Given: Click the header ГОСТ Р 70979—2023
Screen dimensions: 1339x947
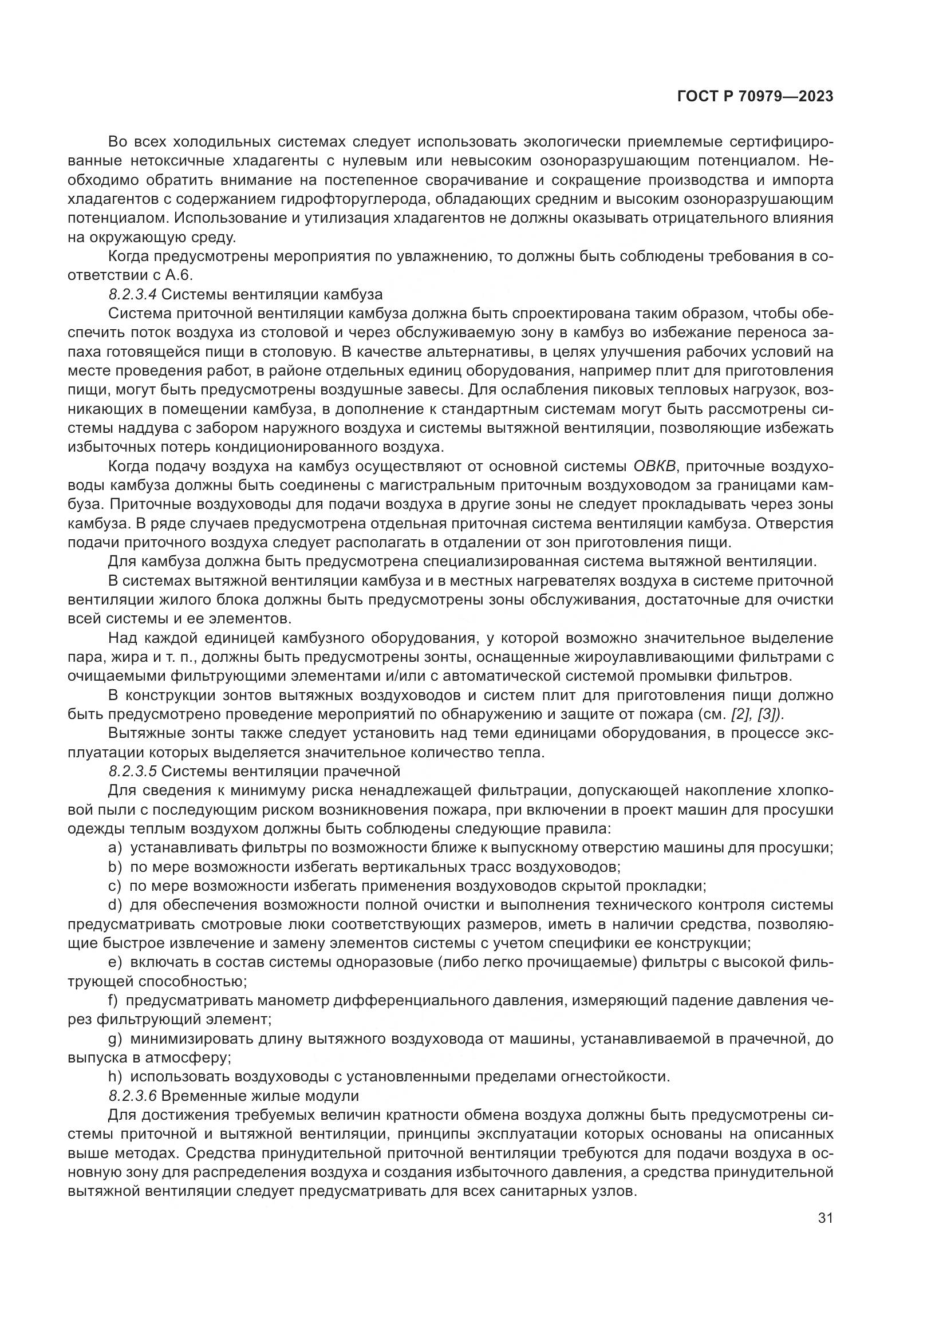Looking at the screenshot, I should (x=755, y=97).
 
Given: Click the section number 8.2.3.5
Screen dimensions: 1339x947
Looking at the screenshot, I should (x=132, y=771).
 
